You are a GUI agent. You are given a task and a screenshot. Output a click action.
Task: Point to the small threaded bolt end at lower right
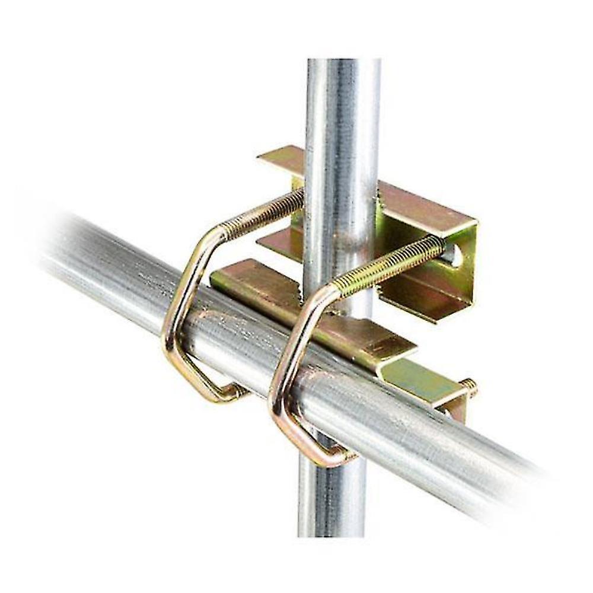(x=468, y=387)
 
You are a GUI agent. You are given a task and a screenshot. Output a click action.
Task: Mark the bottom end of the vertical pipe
(x=329, y=531)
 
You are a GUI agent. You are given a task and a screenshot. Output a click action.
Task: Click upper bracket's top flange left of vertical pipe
(x=282, y=157)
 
